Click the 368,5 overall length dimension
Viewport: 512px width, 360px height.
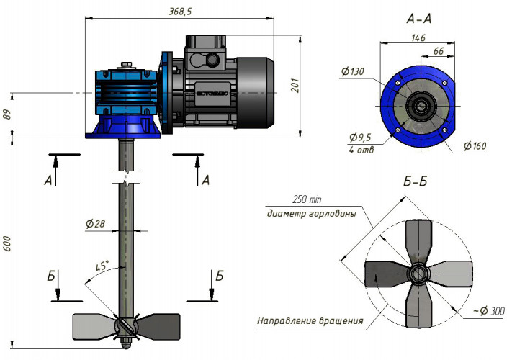pos(179,11)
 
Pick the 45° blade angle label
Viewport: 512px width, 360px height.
pos(102,266)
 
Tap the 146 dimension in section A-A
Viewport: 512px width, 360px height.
pos(418,40)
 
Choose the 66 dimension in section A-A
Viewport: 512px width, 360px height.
pos(437,52)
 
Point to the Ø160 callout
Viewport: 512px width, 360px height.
pos(476,147)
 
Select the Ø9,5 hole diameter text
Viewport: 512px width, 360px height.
pos(360,137)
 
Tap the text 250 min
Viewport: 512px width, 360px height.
pos(309,199)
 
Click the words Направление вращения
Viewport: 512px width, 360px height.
pos(310,320)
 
